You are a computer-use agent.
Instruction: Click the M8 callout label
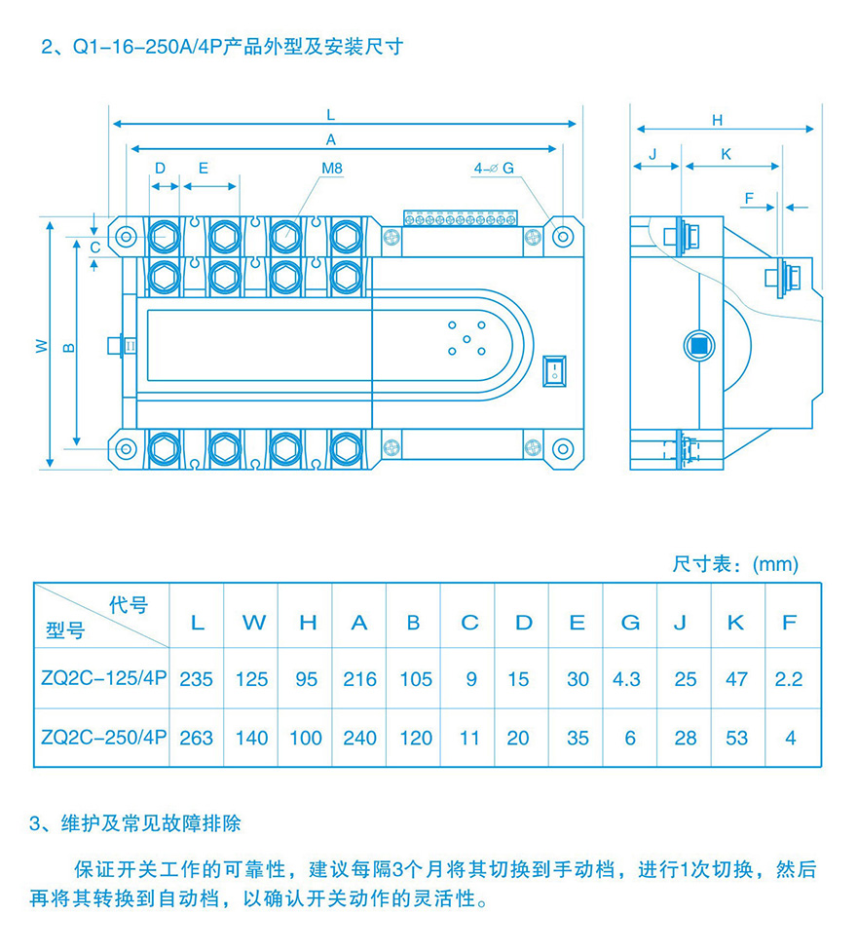[x=332, y=168]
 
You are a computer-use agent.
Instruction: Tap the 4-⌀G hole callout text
[x=494, y=168]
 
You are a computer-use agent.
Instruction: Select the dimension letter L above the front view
[x=331, y=114]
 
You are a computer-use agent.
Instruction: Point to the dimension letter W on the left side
[x=42, y=346]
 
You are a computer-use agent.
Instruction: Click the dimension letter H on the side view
[x=718, y=120]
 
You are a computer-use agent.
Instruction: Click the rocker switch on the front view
[x=554, y=370]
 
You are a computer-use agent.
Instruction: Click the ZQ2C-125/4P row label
[x=102, y=679]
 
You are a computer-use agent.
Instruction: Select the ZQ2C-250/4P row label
[x=102, y=738]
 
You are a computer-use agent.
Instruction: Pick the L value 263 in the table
[x=197, y=738]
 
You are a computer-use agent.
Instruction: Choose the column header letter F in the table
[x=790, y=623]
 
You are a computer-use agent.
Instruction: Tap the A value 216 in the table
[x=359, y=679]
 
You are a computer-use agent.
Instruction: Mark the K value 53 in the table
[x=737, y=738]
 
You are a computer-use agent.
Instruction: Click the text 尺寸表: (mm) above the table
[x=735, y=564]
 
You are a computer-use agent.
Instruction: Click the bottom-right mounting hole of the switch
[x=562, y=448]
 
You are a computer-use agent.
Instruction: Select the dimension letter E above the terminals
[x=203, y=168]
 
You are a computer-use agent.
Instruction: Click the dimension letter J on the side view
[x=652, y=154]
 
